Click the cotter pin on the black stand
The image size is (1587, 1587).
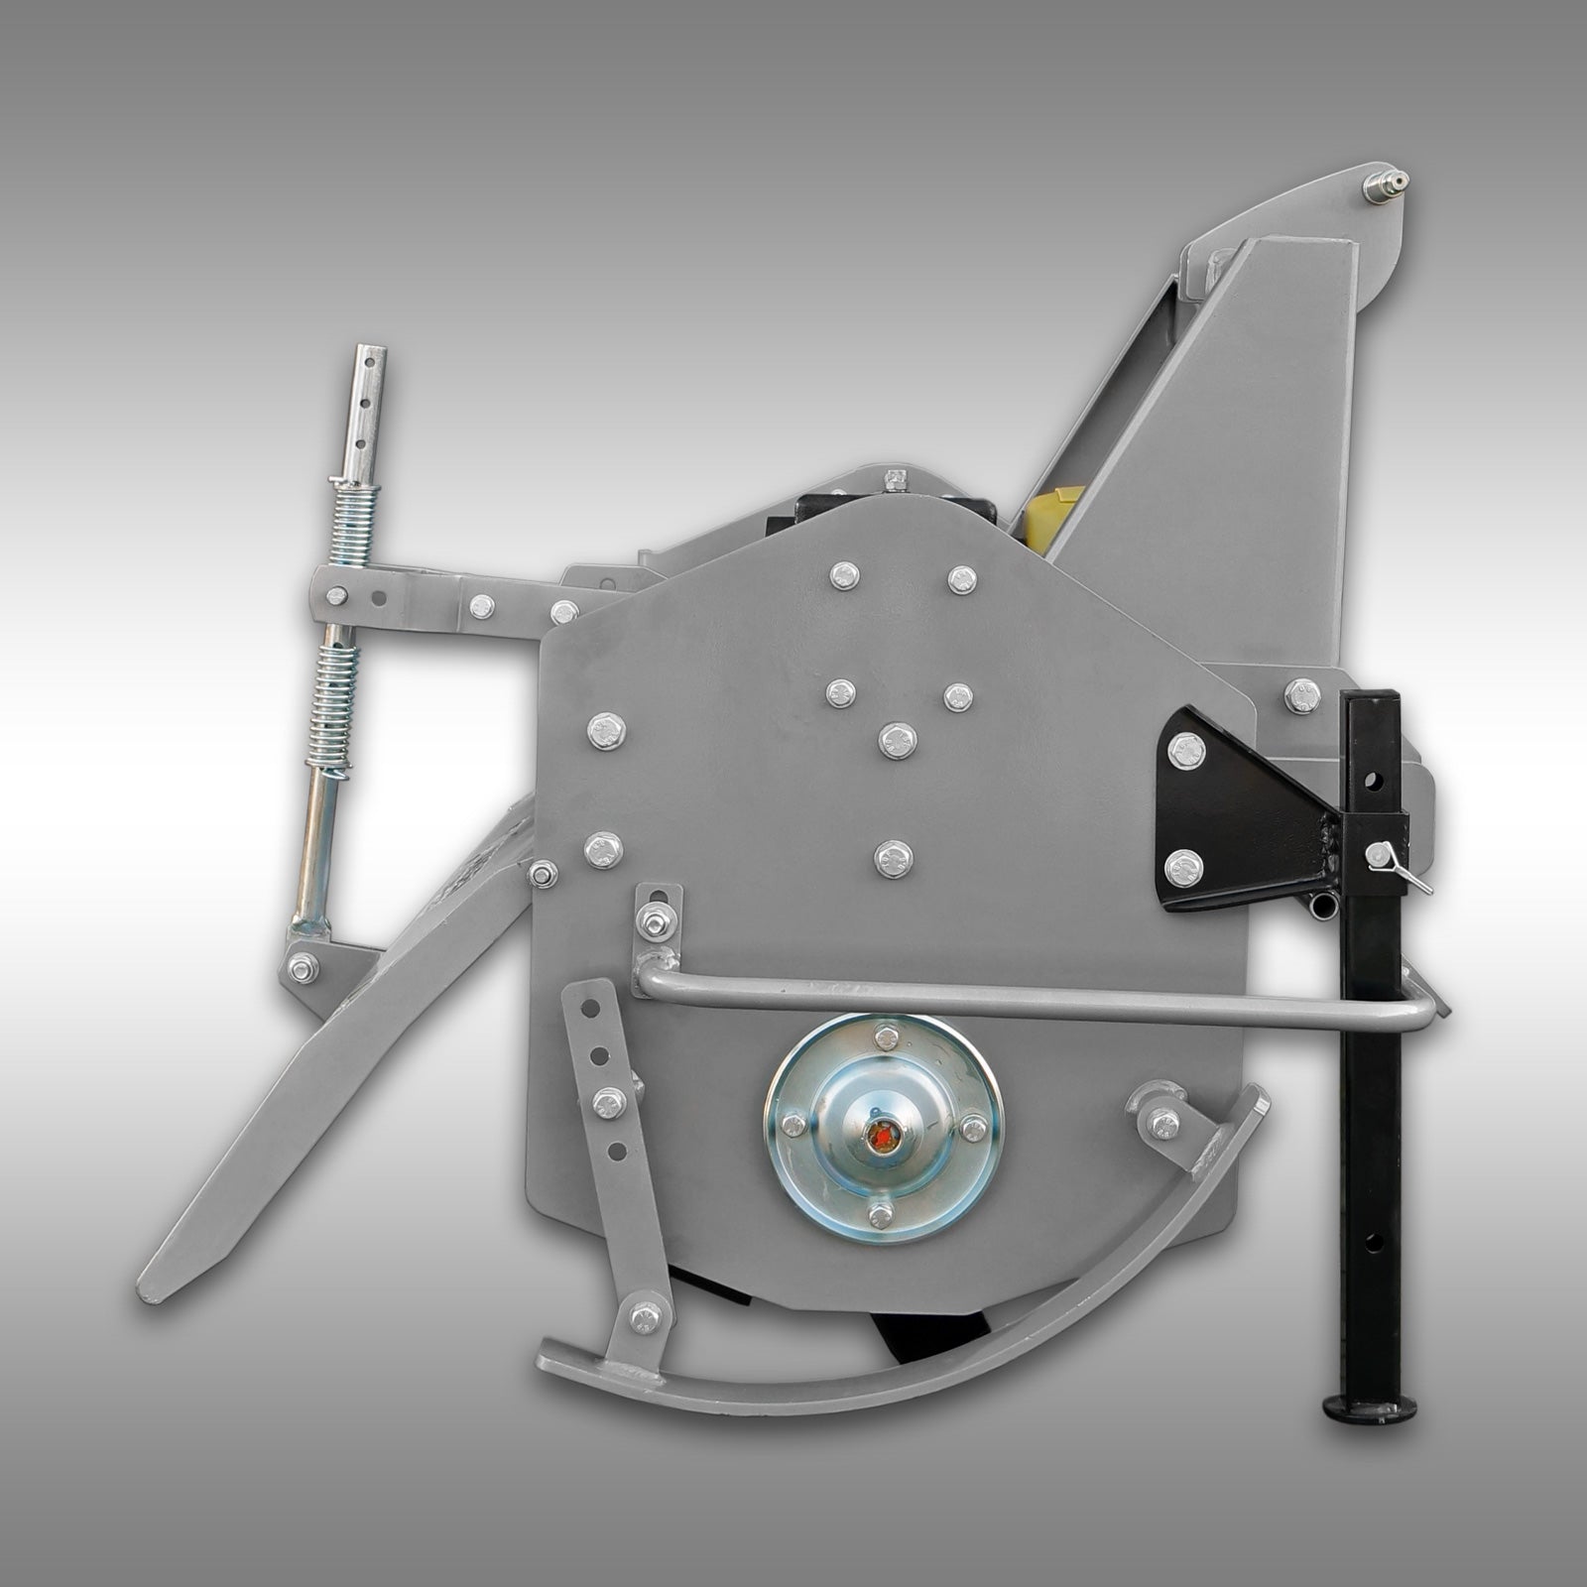(1399, 866)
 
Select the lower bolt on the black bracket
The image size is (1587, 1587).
(1182, 869)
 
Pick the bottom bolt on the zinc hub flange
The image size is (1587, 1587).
(879, 1216)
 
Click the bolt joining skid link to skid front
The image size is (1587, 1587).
(647, 1315)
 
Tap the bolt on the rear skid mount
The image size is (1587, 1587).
(1161, 1122)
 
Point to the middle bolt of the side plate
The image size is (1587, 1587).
(897, 740)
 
